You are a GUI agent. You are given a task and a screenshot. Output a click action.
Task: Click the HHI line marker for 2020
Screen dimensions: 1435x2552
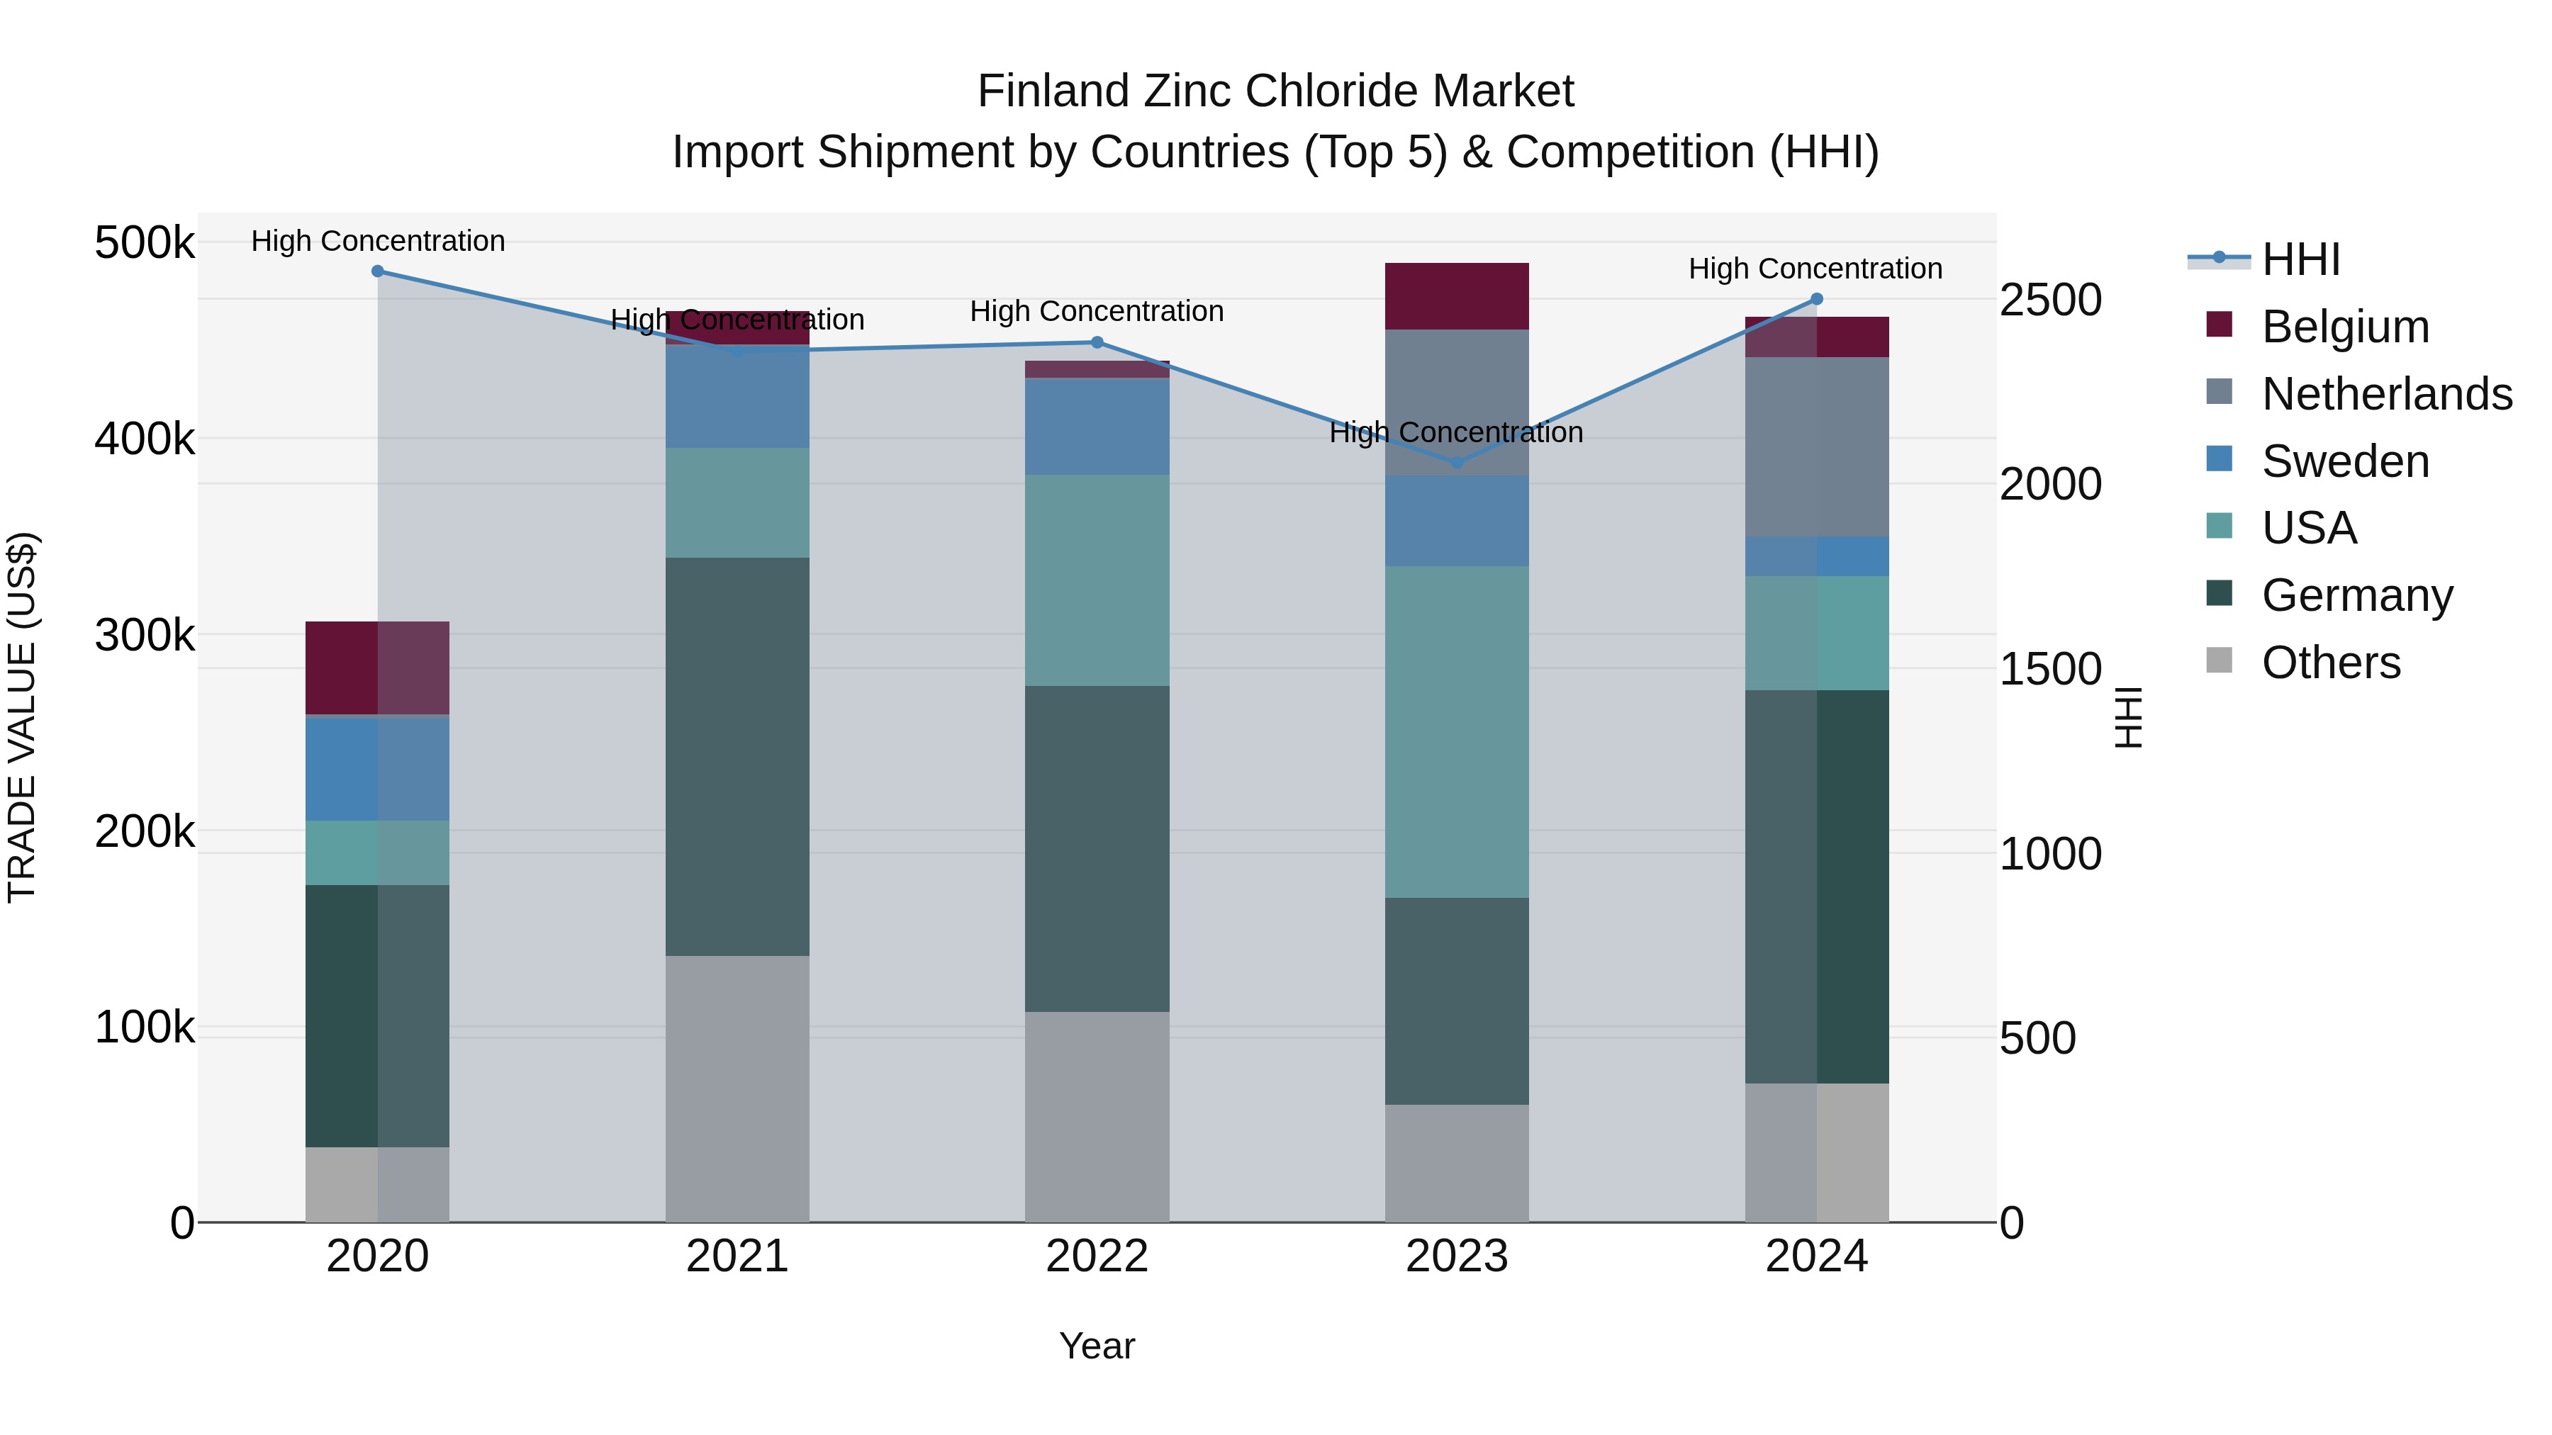tap(377, 271)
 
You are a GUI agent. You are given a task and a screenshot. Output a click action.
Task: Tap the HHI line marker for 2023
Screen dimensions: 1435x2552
tap(1456, 463)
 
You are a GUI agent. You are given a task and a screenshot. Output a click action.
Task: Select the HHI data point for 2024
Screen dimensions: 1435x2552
tap(1816, 299)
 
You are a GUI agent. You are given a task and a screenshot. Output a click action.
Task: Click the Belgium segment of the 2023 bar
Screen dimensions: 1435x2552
tap(1456, 296)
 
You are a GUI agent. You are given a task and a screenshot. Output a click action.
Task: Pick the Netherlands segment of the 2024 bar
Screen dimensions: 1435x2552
tap(1816, 446)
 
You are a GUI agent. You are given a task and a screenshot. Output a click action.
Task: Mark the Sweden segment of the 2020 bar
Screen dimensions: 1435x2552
tap(377, 767)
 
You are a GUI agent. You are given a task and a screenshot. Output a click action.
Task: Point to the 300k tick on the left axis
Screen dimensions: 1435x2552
tap(145, 635)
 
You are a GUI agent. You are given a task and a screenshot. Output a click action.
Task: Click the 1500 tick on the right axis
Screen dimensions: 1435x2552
tap(2049, 670)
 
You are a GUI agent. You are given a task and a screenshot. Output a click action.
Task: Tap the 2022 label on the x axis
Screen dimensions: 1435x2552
tap(1097, 1256)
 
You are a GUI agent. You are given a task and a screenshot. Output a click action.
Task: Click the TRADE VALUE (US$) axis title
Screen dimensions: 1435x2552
tap(22, 717)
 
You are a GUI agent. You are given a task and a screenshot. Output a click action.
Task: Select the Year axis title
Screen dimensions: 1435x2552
tap(1097, 1346)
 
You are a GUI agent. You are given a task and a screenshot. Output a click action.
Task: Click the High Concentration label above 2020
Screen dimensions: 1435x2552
tap(377, 241)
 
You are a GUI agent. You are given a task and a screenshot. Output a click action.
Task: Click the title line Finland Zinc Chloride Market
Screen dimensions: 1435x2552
tap(1275, 91)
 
